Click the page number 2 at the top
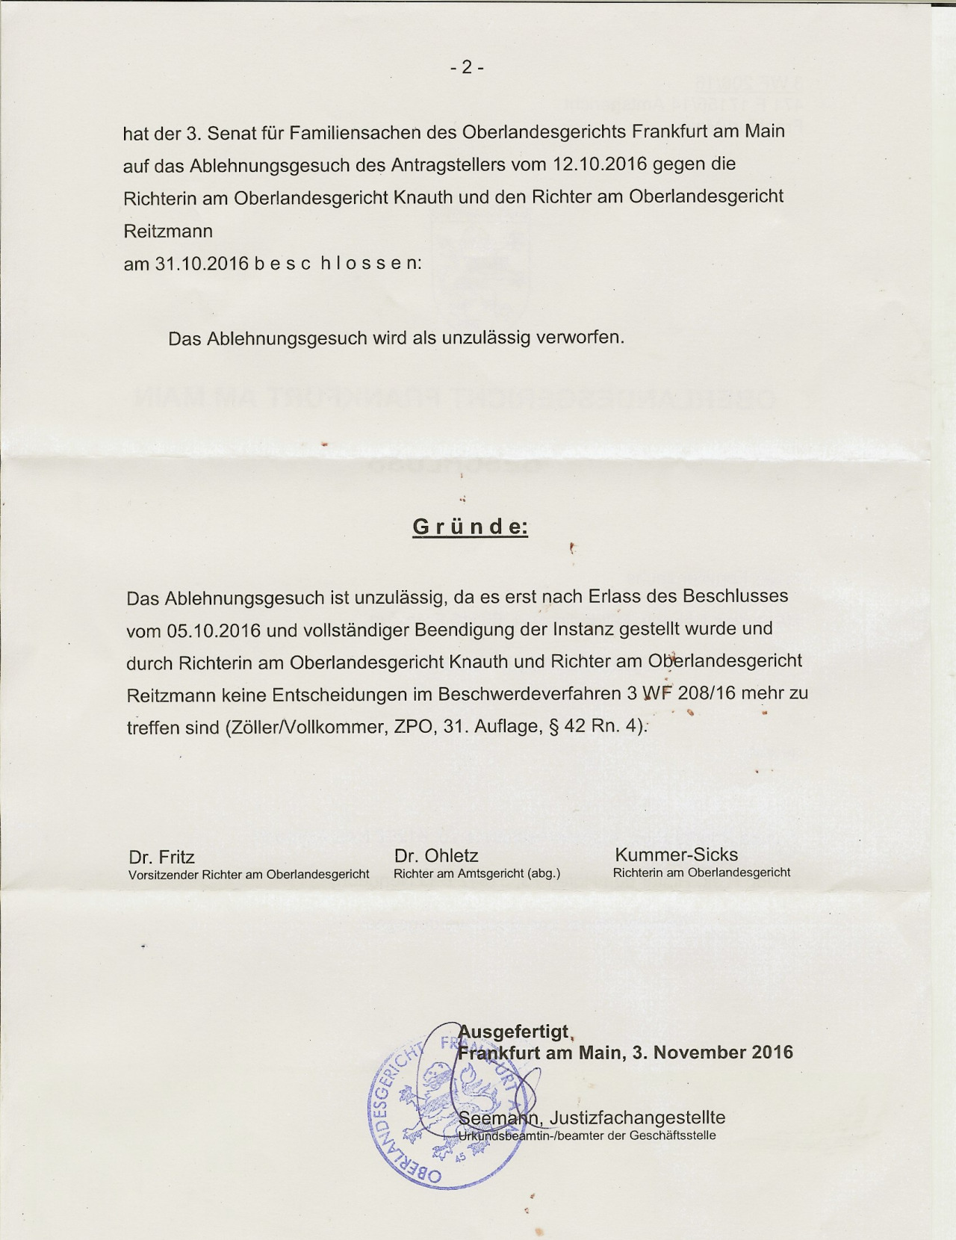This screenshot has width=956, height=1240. [467, 68]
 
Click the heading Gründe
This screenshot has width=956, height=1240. [470, 527]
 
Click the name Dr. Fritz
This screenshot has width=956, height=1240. [161, 857]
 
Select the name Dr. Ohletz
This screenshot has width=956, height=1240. [436, 855]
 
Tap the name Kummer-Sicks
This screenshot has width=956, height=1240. [676, 855]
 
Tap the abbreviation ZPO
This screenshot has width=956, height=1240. [414, 727]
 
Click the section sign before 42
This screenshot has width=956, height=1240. [553, 727]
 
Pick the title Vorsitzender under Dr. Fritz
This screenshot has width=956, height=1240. [164, 874]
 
